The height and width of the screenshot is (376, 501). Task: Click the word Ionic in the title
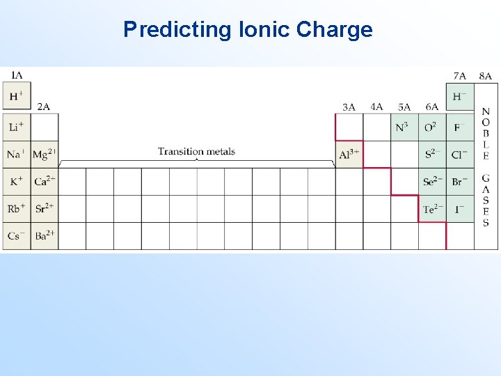[264, 29]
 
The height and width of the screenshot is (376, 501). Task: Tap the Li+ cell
[17, 127]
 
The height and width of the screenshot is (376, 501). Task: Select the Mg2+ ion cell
[45, 154]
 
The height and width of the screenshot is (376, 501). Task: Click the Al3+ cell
[349, 154]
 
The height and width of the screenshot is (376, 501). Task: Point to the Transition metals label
[196, 151]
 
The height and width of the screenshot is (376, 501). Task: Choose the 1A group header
[16, 75]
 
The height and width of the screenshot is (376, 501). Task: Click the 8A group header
[485, 76]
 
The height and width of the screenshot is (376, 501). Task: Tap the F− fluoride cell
[459, 127]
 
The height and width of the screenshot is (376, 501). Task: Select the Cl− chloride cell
[459, 154]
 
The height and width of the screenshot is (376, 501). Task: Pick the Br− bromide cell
[459, 181]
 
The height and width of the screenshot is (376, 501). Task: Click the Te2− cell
[432, 208]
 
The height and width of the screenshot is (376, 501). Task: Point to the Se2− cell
[432, 181]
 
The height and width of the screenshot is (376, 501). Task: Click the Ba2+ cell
[45, 235]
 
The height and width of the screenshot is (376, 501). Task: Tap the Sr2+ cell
[45, 208]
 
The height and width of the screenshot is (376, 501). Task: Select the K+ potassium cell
[17, 181]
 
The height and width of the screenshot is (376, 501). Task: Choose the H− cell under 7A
[459, 97]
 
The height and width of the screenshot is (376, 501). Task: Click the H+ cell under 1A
[17, 97]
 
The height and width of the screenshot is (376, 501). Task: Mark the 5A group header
[404, 107]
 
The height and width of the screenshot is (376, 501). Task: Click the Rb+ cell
[17, 208]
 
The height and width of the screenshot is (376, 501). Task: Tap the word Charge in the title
[335, 29]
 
